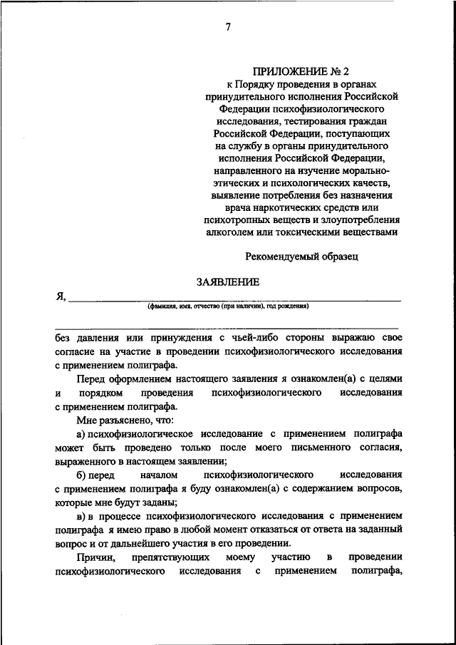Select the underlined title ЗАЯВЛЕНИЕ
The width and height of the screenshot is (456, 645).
228,282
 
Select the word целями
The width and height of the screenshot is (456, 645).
385,378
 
